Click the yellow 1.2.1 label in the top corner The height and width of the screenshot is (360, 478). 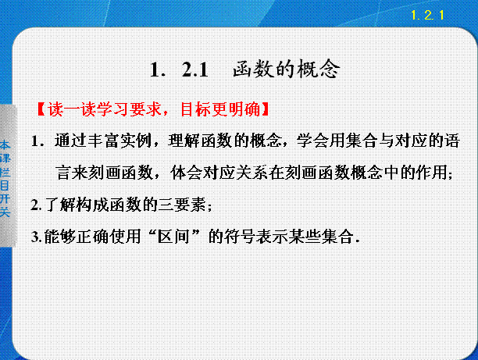[427, 15]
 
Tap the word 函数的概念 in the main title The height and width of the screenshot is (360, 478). [286, 70]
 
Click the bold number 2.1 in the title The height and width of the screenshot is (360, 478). [194, 70]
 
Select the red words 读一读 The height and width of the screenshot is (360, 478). [73, 109]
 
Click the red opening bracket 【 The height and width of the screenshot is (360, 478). [41, 109]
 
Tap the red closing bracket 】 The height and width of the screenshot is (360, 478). [266, 109]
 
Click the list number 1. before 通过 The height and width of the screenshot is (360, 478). [38, 141]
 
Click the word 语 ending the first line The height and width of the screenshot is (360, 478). [451, 141]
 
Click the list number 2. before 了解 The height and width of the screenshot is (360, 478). [37, 205]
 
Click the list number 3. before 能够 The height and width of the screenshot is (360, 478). [37, 237]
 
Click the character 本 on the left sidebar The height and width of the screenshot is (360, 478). [5, 144]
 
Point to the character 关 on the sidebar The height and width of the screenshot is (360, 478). [5, 212]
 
